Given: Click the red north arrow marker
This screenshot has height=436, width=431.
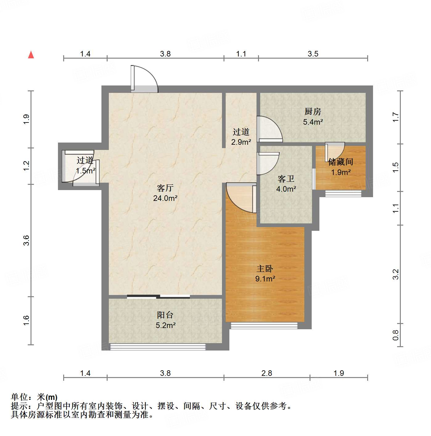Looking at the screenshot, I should click(x=31, y=55).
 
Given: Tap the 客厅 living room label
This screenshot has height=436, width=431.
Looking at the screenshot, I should click(x=165, y=188).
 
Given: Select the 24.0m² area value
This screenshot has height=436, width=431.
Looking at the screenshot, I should click(x=165, y=198).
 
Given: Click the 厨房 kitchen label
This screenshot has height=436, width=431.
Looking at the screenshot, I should click(x=313, y=111).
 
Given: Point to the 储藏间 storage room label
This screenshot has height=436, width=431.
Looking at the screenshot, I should click(x=340, y=162).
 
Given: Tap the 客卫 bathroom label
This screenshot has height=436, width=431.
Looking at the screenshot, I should click(x=286, y=179).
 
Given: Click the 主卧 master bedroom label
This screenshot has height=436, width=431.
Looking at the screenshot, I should click(x=265, y=269).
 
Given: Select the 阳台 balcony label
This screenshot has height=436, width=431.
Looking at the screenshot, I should click(x=165, y=315).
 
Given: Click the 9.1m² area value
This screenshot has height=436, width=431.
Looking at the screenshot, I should click(x=265, y=279).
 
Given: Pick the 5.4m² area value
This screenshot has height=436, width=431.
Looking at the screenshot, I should click(x=313, y=122).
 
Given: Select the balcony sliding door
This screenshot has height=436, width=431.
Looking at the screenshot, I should click(x=158, y=297).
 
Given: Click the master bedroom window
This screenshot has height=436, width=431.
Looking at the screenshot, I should click(x=264, y=325).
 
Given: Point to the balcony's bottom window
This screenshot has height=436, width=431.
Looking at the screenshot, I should click(x=158, y=347).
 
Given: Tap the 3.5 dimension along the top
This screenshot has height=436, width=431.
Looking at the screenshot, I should click(x=313, y=54).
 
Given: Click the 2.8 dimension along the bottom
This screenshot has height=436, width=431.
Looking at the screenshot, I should click(x=267, y=373).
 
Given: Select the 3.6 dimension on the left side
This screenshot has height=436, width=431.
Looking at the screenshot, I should click(x=27, y=240).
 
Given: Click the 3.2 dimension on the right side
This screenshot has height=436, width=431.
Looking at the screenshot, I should click(x=396, y=274).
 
